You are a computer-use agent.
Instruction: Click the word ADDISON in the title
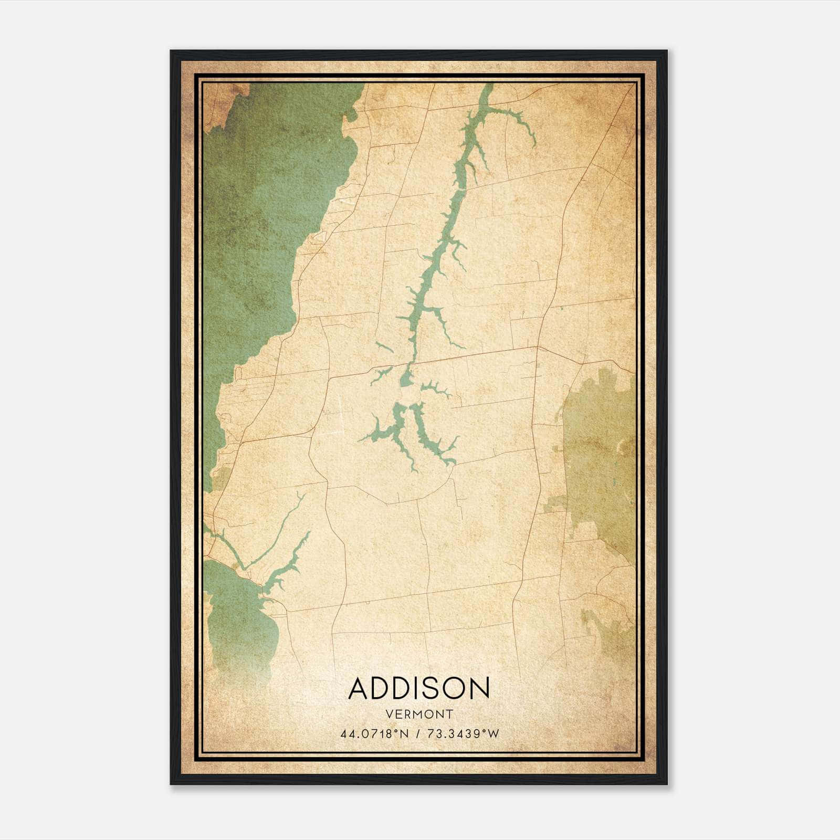[x=418, y=688]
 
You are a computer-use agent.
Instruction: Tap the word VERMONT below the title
[x=419, y=714]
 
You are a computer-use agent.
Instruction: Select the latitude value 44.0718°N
[x=374, y=734]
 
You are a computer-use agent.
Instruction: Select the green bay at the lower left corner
[x=236, y=619]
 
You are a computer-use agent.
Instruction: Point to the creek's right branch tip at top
[x=533, y=144]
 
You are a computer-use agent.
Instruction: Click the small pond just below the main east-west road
[x=406, y=378]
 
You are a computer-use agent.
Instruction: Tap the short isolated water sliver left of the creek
[x=384, y=347]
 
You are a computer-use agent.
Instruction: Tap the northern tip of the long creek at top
[x=489, y=86]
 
